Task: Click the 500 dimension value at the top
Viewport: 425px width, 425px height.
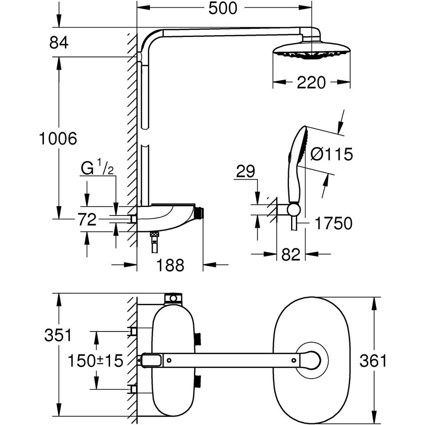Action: tap(223, 8)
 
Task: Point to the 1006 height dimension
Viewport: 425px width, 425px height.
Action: tap(58, 139)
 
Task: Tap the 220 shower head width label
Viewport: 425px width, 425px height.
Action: tap(311, 82)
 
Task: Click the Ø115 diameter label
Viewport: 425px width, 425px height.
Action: tap(331, 154)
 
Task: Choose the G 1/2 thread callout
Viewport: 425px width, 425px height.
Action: tap(97, 169)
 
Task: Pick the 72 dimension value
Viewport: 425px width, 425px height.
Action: tap(88, 220)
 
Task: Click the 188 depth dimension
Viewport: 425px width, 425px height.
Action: tap(170, 265)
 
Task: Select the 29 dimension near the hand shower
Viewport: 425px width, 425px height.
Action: tap(246, 172)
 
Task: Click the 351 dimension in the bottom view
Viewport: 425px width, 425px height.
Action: tap(58, 335)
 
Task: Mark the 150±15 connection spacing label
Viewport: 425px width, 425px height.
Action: tap(96, 361)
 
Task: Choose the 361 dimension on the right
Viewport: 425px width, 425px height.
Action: tap(373, 361)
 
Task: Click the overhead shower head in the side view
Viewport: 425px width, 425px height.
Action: tap(312, 51)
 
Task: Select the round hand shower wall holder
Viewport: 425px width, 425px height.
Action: tap(293, 209)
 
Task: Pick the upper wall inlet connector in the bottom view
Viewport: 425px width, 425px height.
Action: tap(133, 331)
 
